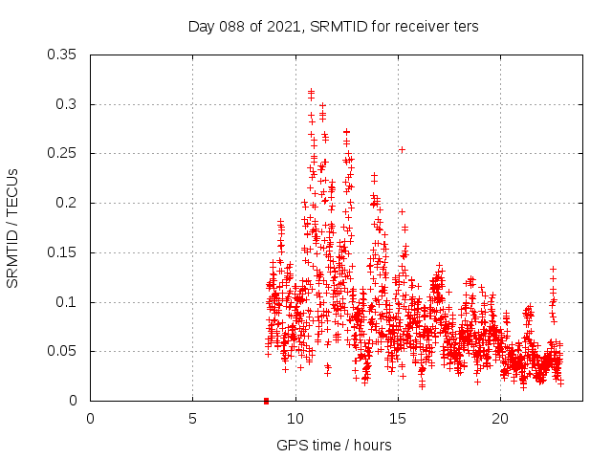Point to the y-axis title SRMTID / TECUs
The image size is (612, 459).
[12, 228]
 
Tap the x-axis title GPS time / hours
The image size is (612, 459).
[334, 445]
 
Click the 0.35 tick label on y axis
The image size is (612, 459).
[63, 55]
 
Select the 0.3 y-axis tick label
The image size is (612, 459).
[67, 104]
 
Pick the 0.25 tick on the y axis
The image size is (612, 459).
[63, 153]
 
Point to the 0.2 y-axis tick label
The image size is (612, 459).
[67, 203]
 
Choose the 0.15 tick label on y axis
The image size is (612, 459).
[63, 252]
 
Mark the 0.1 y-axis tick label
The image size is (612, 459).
[67, 302]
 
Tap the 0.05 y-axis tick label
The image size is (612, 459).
[63, 351]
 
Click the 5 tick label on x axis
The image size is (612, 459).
[192, 418]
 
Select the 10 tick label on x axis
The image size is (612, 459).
[295, 418]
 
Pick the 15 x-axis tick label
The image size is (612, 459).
[398, 418]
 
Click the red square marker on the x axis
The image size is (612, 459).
[266, 400]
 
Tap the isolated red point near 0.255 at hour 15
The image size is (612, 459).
[402, 149]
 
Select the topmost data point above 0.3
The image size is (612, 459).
[311, 91]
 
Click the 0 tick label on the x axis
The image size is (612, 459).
[90, 418]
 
